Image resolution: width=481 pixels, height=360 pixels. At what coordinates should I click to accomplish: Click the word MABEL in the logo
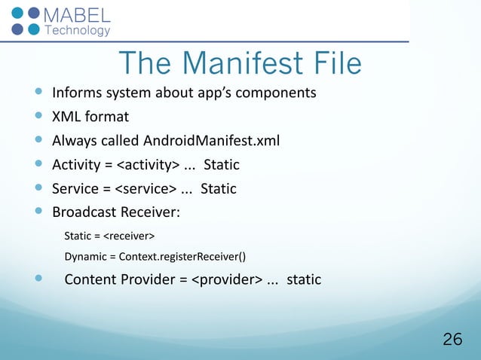78,16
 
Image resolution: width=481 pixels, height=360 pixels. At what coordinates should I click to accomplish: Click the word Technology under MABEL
78,31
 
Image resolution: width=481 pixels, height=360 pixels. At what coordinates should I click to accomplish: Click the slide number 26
452,340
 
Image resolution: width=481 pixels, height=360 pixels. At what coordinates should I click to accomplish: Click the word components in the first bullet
278,93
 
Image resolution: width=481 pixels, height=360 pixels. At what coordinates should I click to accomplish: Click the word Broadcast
82,212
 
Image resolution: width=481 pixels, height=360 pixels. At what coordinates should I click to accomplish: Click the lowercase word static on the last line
304,280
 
